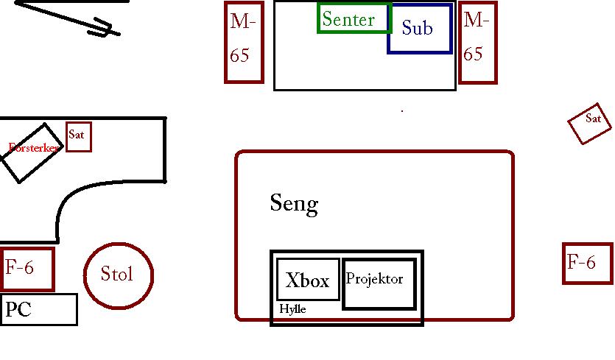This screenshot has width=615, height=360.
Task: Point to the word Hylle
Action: tap(292, 309)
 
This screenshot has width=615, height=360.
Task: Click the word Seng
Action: tap(294, 204)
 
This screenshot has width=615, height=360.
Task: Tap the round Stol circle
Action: tap(84, 276)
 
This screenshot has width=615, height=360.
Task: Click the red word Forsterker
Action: tap(33, 148)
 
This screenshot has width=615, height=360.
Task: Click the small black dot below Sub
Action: tap(402, 111)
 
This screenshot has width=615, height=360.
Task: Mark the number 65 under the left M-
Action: tap(239, 55)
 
